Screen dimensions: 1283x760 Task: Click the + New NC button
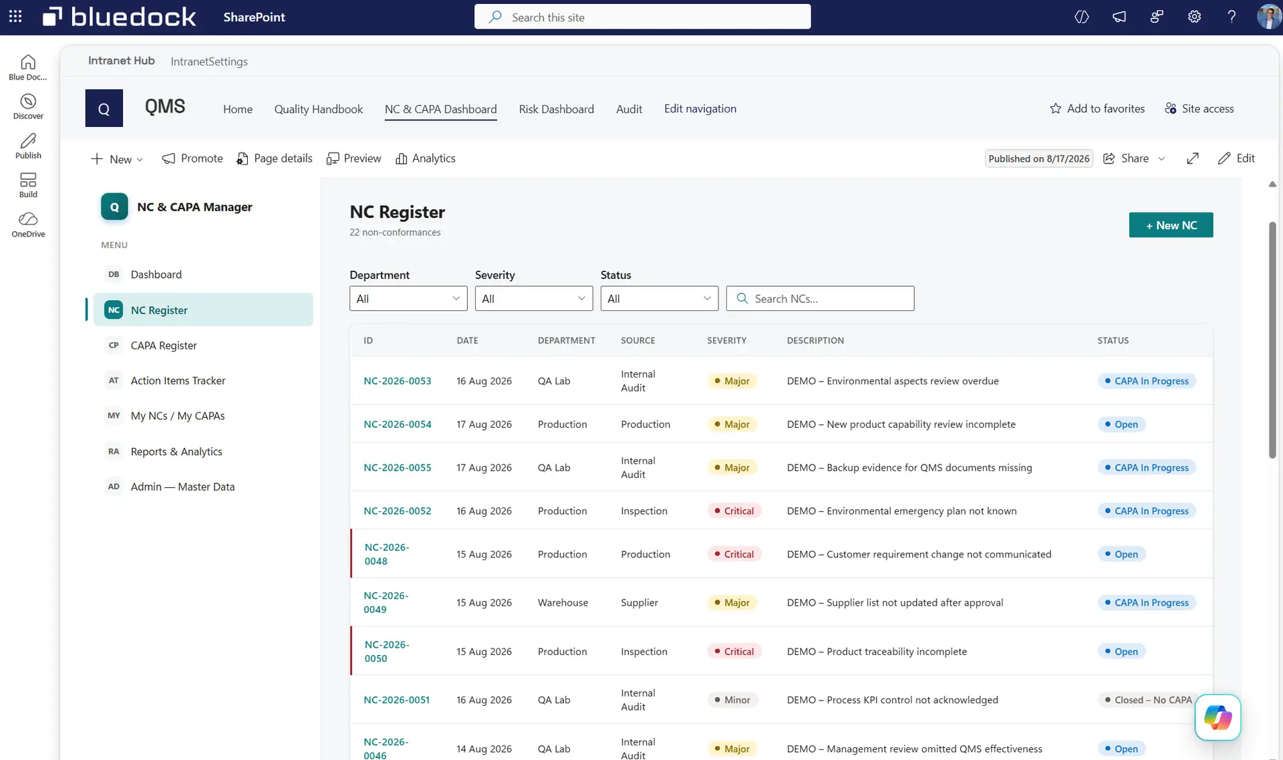point(1171,225)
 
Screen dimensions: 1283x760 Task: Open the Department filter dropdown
point(408,299)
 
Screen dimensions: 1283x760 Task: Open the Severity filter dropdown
point(533,299)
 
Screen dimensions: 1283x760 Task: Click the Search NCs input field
point(820,299)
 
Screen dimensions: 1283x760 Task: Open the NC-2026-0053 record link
point(397,381)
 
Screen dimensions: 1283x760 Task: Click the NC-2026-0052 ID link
point(397,511)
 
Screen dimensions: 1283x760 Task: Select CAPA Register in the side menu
point(164,346)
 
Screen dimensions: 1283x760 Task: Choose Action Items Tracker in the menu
point(178,380)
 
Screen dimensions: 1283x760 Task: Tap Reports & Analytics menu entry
point(176,452)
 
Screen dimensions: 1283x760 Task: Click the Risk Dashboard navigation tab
point(556,109)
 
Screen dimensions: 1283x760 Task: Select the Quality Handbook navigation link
point(318,109)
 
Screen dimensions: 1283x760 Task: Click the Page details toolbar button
point(274,158)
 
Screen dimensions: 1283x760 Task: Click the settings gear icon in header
point(1194,17)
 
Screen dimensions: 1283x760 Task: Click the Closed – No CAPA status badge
point(1147,700)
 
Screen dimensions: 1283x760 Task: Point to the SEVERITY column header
point(726,340)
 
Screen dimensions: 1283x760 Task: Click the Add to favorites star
point(1055,108)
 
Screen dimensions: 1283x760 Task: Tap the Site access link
point(1199,108)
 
